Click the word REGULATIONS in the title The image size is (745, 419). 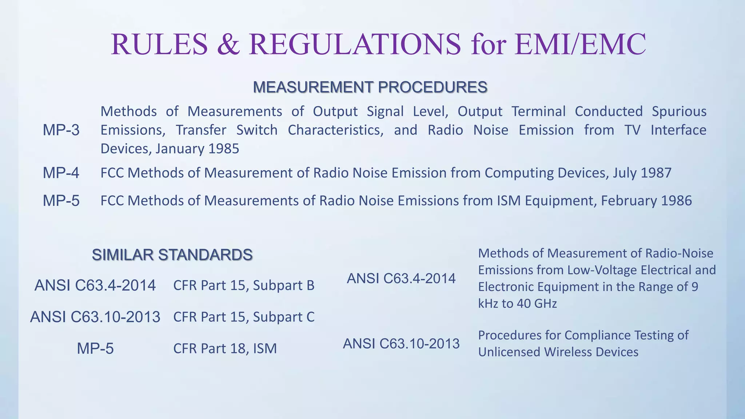click(x=355, y=44)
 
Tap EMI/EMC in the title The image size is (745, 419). click(x=580, y=44)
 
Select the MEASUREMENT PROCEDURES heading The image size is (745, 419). click(x=370, y=87)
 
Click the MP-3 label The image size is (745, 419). click(x=61, y=130)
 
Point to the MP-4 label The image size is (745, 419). click(x=61, y=173)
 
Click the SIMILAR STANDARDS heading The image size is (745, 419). click(x=172, y=255)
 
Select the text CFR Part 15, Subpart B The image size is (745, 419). click(x=244, y=286)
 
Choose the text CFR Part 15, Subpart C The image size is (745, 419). click(x=244, y=317)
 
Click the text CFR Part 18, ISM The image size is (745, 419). click(x=225, y=349)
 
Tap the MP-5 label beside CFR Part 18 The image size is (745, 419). click(x=95, y=349)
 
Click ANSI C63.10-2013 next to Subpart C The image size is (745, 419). click(x=95, y=317)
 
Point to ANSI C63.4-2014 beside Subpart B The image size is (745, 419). click(x=95, y=286)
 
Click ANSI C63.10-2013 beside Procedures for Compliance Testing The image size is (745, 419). click(x=401, y=344)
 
